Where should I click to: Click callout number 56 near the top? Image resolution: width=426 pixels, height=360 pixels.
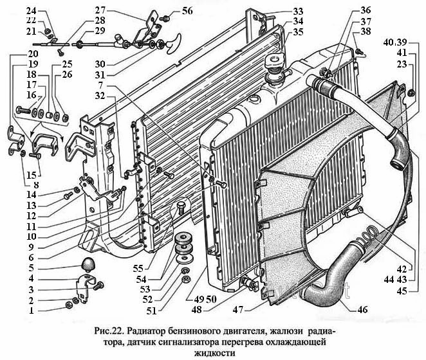point(187,10)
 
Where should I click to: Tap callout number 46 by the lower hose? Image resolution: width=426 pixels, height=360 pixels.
point(362,309)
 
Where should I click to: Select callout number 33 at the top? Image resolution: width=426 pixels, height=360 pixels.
point(298,11)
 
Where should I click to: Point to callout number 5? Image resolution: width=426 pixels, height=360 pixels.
point(32,268)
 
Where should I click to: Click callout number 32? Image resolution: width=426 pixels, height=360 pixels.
point(100,96)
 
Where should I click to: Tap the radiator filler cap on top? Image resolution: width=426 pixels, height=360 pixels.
point(275,61)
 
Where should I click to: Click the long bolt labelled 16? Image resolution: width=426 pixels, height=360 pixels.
point(23,110)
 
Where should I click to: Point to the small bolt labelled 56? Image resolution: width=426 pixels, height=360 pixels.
point(165,18)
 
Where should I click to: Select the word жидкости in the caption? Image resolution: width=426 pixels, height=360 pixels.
point(215,353)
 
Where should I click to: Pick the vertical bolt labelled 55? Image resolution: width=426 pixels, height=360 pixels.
point(180,208)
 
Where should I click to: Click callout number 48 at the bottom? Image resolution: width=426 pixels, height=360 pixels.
point(196,309)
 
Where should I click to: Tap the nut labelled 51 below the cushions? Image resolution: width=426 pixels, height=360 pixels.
point(186,279)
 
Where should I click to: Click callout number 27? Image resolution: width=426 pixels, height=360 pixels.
point(100,10)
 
